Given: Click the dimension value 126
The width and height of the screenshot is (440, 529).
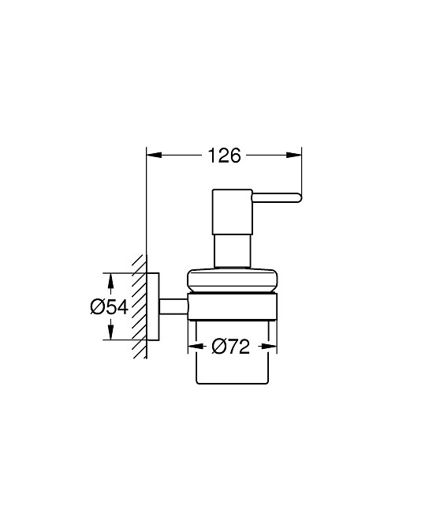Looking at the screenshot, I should [x=224, y=156].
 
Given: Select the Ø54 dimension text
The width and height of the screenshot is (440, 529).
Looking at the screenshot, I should [x=109, y=307].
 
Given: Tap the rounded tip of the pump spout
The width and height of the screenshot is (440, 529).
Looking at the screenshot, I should [x=298, y=197].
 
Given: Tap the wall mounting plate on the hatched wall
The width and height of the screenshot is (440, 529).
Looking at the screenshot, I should [x=156, y=306].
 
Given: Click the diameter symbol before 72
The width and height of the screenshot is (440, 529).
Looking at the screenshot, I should [x=218, y=346].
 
